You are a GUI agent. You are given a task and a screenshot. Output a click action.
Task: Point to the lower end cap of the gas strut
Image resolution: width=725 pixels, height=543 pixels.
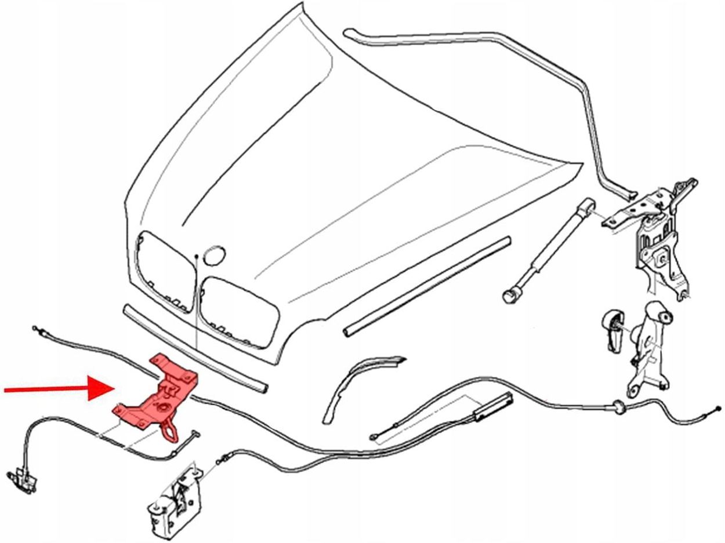(510, 294)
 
